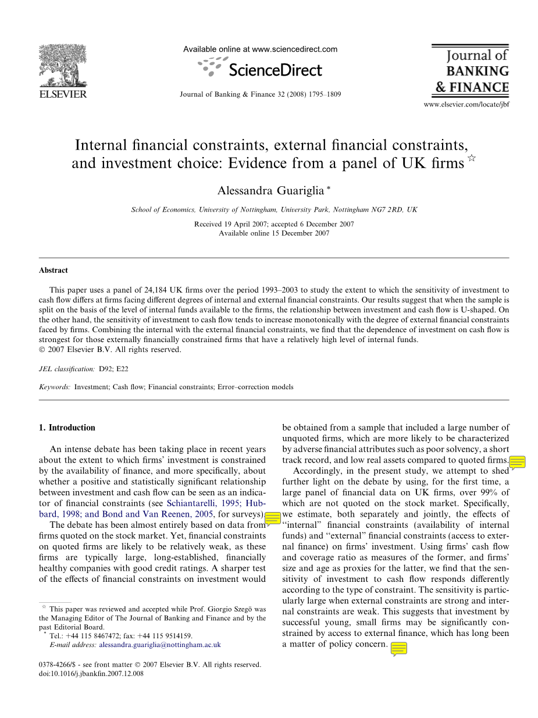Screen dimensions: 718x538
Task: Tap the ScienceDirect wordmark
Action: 275,70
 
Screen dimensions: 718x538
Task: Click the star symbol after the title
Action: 472,159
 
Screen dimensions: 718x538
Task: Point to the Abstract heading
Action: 54,271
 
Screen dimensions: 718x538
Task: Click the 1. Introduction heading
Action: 67,428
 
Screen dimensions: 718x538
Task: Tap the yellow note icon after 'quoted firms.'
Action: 517,463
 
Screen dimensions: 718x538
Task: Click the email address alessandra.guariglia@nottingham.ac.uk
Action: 160,645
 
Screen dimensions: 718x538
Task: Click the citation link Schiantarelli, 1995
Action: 201,504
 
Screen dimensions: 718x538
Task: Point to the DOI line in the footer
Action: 91,673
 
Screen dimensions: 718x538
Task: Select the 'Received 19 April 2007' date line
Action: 273,224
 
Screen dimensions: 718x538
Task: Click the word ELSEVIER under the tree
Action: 62,94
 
